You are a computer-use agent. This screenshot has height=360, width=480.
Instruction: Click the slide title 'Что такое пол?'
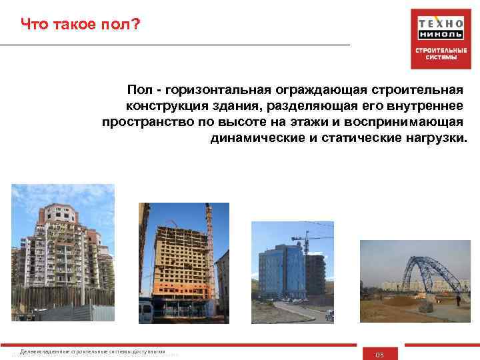tap(81, 25)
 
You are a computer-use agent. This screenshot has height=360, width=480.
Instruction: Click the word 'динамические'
tap(252, 139)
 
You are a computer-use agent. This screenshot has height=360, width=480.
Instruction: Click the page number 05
tap(380, 354)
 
